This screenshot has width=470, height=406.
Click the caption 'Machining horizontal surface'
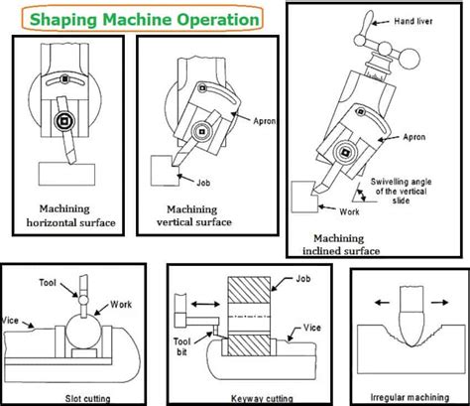coord(70,215)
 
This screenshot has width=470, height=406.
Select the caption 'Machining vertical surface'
coord(202,215)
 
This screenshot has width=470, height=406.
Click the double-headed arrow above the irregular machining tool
coord(405,294)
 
